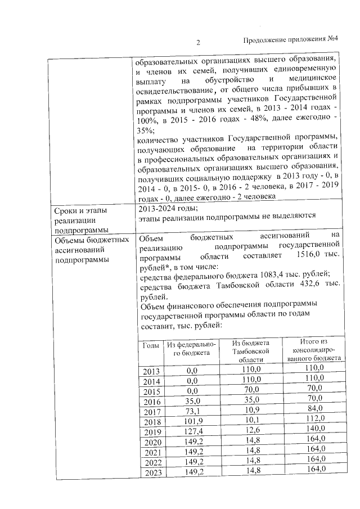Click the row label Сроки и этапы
click(80, 210)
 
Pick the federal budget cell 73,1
click(193, 411)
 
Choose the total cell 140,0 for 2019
click(314, 431)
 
